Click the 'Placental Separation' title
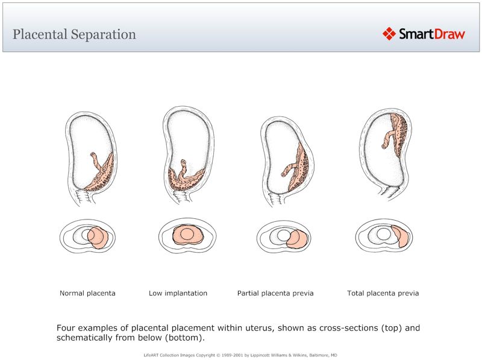pyautogui.click(x=74, y=34)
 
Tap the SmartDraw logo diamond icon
pyautogui.click(x=389, y=34)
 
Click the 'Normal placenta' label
pyautogui.click(x=87, y=294)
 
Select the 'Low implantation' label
pyautogui.click(x=178, y=294)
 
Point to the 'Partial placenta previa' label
pyautogui.click(x=275, y=294)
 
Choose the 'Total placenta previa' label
pyautogui.click(x=383, y=294)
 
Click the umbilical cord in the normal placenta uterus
pyautogui.click(x=95, y=161)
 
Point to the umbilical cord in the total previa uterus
pyautogui.click(x=386, y=139)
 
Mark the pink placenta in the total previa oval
pyautogui.click(x=401, y=236)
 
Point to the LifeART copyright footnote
pyautogui.click(x=241, y=355)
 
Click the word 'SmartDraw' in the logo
pyautogui.click(x=432, y=34)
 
